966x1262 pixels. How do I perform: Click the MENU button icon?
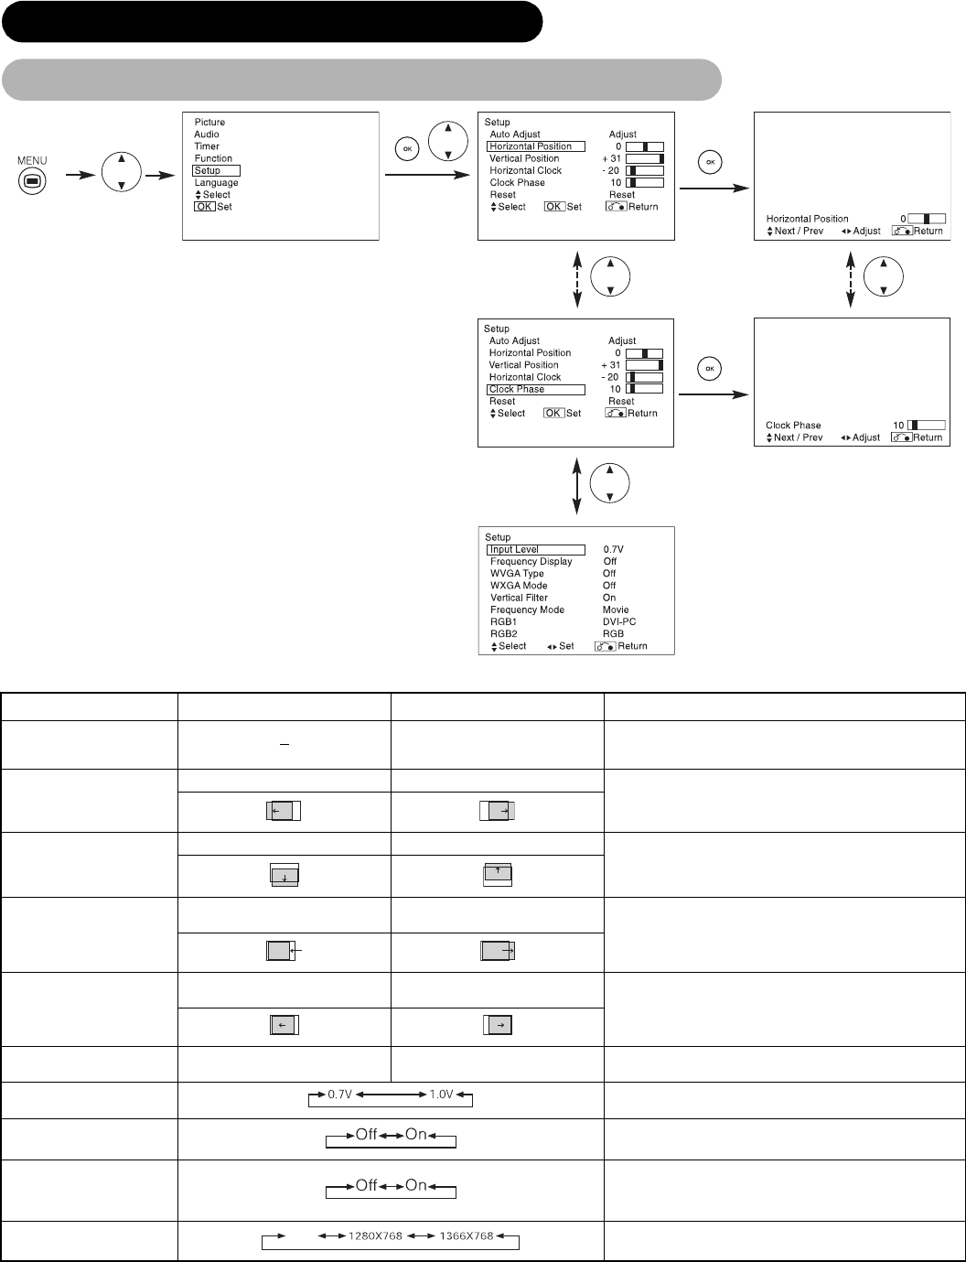(32, 180)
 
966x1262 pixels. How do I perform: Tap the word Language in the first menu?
(216, 183)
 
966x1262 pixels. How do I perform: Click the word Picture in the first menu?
(209, 122)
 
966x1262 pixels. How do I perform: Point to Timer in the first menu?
(207, 146)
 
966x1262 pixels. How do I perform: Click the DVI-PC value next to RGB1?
(619, 621)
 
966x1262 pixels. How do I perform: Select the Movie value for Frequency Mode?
(616, 609)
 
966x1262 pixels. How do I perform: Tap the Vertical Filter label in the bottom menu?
(519, 598)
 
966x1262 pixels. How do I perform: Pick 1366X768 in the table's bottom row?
(461, 1235)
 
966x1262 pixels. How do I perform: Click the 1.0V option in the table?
(441, 1095)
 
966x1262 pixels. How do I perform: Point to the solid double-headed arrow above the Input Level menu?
(576, 487)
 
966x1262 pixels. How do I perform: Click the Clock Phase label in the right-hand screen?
(793, 426)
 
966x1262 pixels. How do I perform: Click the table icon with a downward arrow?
(284, 876)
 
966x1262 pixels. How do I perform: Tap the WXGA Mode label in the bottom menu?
(519, 586)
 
